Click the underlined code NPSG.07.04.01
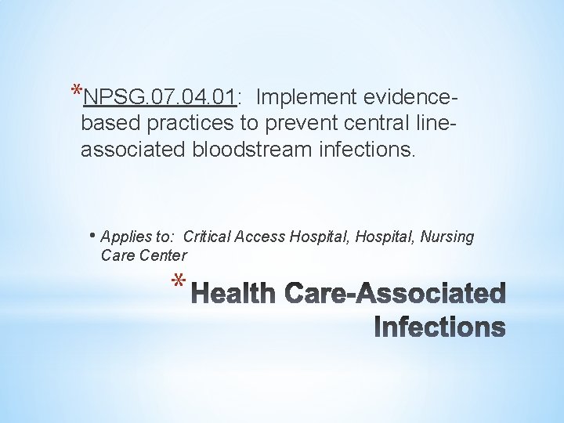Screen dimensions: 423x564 [159, 97]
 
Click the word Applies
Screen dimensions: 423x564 [125, 237]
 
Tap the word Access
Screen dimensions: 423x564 [262, 237]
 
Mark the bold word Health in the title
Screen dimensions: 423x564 [233, 295]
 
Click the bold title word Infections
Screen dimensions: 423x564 [440, 327]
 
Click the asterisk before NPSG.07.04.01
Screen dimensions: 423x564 [75, 91]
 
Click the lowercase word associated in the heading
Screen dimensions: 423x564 [132, 149]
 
